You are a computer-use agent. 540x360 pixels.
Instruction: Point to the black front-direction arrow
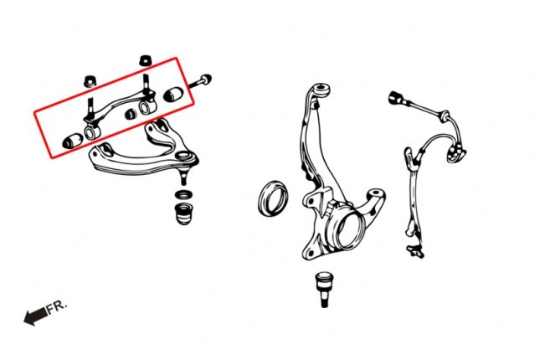click(x=35, y=316)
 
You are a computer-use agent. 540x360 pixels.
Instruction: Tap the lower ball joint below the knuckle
click(x=324, y=286)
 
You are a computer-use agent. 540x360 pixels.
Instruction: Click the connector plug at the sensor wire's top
click(x=395, y=98)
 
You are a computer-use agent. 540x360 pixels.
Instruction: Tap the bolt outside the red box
click(x=204, y=82)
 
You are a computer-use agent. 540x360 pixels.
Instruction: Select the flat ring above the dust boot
click(x=181, y=195)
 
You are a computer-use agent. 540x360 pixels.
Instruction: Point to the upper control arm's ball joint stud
click(x=181, y=177)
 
